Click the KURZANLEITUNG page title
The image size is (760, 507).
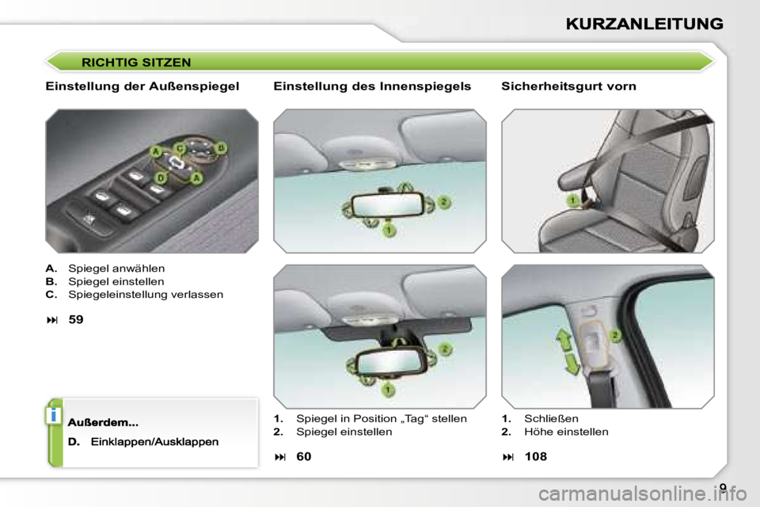coord(644,24)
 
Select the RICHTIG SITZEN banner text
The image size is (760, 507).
coord(136,63)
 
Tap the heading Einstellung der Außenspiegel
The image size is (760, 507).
coord(142,86)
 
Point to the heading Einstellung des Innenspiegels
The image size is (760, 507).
coord(372,86)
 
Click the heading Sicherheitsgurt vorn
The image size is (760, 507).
coord(568,86)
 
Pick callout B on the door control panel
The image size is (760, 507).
coord(221,147)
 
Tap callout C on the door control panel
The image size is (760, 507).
coord(180,148)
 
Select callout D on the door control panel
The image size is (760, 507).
coord(161,178)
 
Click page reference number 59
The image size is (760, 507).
coord(76,320)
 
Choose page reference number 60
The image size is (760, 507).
coord(304,456)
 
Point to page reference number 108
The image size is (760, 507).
coord(536,456)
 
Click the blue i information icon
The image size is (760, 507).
coord(53,416)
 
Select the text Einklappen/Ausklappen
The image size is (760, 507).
coord(154,442)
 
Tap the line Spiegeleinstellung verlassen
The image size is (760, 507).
coord(146,295)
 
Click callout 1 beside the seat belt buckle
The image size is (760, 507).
coord(573,200)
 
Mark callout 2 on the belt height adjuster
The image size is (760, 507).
coord(614,335)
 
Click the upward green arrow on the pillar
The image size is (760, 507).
coord(564,340)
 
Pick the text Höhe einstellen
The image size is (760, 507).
coord(566,432)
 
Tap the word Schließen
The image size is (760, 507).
coord(551,419)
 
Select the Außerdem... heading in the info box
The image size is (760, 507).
coord(103,422)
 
